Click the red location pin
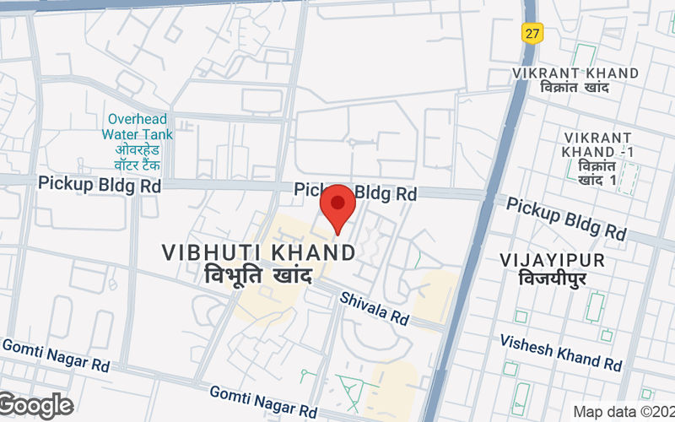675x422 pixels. (x=338, y=205)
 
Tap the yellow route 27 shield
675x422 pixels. (x=532, y=32)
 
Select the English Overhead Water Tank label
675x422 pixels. (x=138, y=127)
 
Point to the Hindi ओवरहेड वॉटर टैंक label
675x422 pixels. (x=138, y=157)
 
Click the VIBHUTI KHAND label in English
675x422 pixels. (x=258, y=252)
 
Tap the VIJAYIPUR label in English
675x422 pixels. (x=553, y=258)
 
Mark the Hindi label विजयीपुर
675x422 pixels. (x=553, y=279)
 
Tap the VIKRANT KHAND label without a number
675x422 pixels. (x=575, y=73)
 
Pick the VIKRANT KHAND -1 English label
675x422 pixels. (x=598, y=144)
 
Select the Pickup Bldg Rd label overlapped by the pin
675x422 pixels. (x=355, y=192)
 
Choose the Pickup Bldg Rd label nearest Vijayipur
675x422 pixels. (x=566, y=219)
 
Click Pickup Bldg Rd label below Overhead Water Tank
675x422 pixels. (x=99, y=184)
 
